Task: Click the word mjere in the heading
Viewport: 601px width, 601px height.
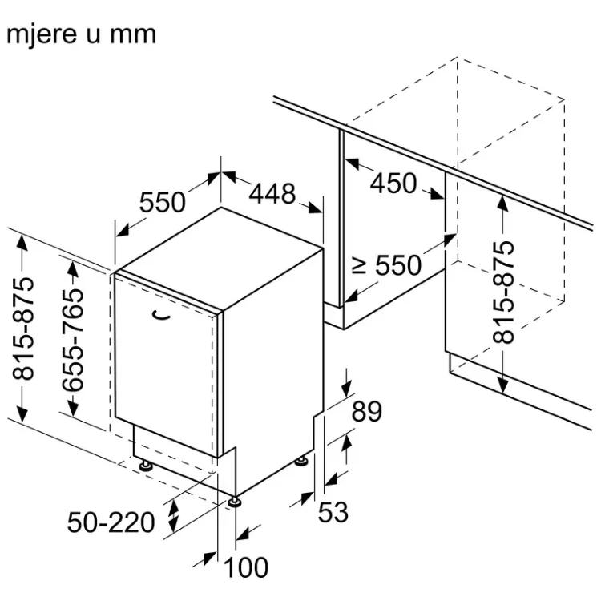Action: coord(42,35)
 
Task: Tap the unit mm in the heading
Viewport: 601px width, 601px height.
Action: coord(133,36)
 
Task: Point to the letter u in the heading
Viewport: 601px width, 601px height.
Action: coord(94,36)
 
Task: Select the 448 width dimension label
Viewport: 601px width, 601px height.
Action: coord(272,194)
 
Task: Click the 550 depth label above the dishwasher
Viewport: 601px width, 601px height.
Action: coord(162,202)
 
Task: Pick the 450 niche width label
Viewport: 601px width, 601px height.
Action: coord(393,183)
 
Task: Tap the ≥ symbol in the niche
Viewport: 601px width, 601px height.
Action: coord(359,265)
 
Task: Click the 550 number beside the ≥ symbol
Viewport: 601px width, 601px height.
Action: coord(398,265)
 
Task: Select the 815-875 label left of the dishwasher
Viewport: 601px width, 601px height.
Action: coord(23,329)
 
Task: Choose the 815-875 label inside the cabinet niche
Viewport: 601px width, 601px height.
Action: coord(503,292)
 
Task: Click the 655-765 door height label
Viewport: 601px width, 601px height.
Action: coord(73,340)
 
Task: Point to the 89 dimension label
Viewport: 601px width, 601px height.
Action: coord(367,412)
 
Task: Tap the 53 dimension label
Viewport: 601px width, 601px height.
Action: coord(333,513)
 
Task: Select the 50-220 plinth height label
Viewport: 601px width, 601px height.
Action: coord(111,522)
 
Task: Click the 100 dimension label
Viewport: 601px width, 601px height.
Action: coord(246,567)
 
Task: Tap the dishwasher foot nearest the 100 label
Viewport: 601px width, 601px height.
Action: coord(234,502)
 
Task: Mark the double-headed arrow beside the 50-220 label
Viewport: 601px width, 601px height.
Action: coord(174,516)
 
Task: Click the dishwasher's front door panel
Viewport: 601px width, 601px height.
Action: coord(165,364)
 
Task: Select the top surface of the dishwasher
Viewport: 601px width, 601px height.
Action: coord(220,257)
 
